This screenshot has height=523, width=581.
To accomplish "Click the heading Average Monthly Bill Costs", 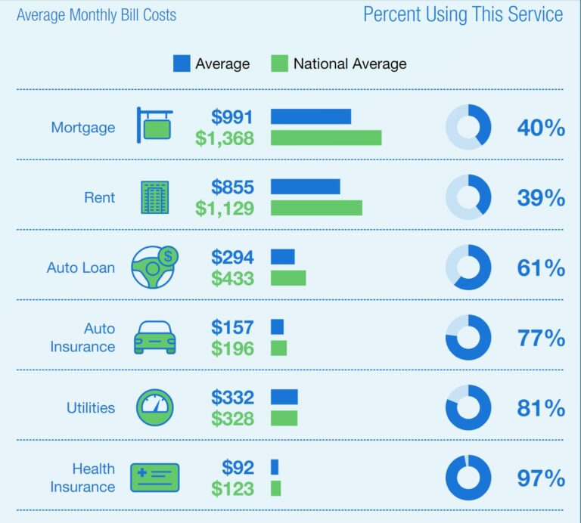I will click(x=96, y=15).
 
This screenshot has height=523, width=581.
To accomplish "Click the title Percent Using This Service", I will click(x=463, y=14).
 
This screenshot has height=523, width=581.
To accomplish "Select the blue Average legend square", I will click(x=182, y=63).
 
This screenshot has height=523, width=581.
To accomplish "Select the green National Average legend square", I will click(x=279, y=63).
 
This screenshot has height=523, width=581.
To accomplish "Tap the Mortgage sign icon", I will click(x=154, y=125).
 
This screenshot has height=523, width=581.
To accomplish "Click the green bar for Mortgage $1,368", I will click(x=326, y=138).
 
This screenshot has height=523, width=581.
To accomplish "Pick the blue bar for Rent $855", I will click(x=306, y=187).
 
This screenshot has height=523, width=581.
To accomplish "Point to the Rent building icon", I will click(x=155, y=197).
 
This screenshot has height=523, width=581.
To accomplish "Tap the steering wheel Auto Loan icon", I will click(x=154, y=268).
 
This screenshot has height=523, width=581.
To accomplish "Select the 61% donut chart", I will click(x=468, y=268).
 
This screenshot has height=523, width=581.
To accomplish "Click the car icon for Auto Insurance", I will click(x=154, y=338).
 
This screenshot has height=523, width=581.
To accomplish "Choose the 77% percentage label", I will click(x=541, y=338).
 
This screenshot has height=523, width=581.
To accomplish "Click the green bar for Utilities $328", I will click(x=284, y=418).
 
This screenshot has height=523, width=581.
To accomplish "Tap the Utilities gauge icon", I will click(x=154, y=407).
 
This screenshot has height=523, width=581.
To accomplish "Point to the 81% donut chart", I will click(x=468, y=408).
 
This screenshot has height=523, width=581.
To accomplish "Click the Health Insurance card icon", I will click(x=154, y=478).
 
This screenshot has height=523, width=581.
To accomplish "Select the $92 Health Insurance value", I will click(x=238, y=467).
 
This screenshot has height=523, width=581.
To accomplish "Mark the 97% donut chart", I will click(x=468, y=478).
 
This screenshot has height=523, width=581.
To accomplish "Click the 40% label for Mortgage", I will click(x=541, y=128).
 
